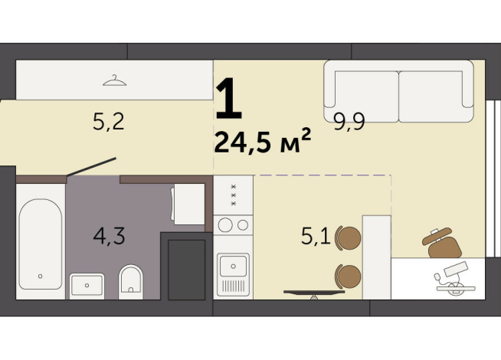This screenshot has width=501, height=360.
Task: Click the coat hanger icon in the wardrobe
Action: tap(113, 78)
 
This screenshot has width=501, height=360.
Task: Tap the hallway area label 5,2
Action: tap(108, 122)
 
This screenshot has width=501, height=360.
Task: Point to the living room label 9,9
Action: tap(348, 120)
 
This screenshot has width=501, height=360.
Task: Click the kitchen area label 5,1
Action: tap(316, 236)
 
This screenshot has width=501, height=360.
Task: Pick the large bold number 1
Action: tap(228, 100)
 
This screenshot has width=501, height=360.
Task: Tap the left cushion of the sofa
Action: tap(361, 94)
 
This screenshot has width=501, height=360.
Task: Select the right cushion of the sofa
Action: tap(430, 94)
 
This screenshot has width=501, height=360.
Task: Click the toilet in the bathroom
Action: tap(132, 281)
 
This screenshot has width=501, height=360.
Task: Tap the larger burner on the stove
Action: tap(226, 225)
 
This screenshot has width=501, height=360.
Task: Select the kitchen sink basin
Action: tap(231, 267)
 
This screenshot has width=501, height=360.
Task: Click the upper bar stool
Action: tap(349, 238)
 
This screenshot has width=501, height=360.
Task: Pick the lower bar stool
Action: tap(349, 273)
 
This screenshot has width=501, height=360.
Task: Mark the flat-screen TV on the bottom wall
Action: tap(314, 292)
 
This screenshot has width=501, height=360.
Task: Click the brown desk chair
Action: tap(443, 244)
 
